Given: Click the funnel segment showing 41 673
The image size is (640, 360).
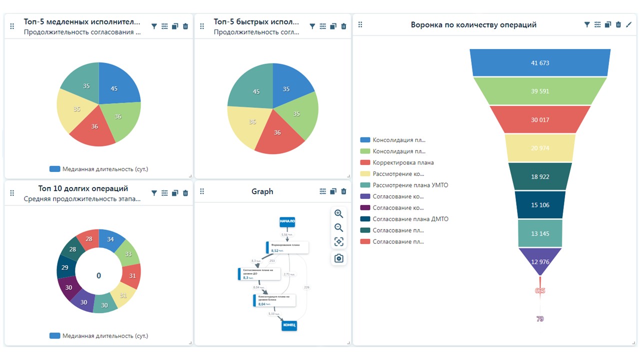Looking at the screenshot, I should pyautogui.click(x=540, y=62).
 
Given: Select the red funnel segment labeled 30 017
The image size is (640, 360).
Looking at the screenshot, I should pyautogui.click(x=540, y=119).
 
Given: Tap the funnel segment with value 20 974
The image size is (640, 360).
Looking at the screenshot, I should pyautogui.click(x=540, y=148).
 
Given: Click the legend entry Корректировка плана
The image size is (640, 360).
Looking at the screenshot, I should pyautogui.click(x=403, y=162).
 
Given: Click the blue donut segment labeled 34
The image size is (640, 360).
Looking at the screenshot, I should pyautogui.click(x=110, y=239).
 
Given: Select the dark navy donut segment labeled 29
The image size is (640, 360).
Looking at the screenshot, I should pyautogui.click(x=65, y=267).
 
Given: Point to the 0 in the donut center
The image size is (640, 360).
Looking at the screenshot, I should pyautogui.click(x=98, y=275).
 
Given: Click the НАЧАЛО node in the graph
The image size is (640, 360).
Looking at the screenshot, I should pyautogui.click(x=287, y=221).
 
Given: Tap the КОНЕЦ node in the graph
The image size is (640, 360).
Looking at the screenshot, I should pyautogui.click(x=289, y=325).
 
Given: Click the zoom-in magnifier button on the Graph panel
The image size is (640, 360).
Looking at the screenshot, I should pyautogui.click(x=338, y=213).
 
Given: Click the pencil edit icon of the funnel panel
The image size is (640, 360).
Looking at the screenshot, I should pyautogui.click(x=628, y=24).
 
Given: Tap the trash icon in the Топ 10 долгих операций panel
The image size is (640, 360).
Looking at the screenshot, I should pyautogui.click(x=185, y=193).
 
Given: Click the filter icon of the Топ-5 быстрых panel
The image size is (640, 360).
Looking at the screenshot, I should pyautogui.click(x=312, y=26).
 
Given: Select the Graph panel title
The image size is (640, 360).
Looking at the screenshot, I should pyautogui.click(x=262, y=191).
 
